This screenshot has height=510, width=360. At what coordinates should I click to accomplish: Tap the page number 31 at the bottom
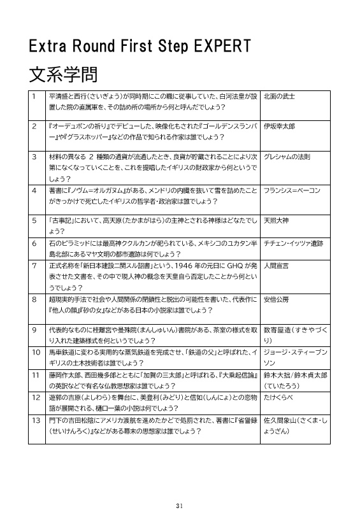(x=180, y=487)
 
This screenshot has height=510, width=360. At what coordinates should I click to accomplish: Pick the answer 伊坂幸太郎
(x=279, y=127)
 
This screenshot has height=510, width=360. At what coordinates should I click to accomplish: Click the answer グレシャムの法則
(x=287, y=156)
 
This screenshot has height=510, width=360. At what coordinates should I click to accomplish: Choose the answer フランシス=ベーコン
(x=292, y=190)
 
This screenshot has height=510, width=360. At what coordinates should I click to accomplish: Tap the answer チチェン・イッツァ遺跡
(x=296, y=243)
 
